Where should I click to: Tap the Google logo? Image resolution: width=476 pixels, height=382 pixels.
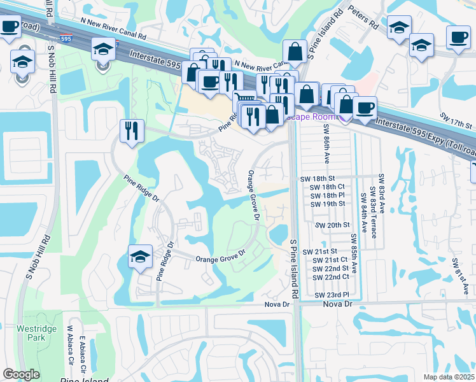[x=22, y=374]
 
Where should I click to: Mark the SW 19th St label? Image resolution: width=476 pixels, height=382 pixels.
[x=328, y=204]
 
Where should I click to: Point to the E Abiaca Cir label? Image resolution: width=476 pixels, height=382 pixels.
[x=82, y=357]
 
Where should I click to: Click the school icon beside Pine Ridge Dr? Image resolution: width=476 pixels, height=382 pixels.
[x=140, y=257]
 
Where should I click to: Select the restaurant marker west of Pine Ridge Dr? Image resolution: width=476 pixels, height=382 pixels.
[x=132, y=131]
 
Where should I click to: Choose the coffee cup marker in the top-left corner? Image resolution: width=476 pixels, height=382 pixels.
[x=9, y=27]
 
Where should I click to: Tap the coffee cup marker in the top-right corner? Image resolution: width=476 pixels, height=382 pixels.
[x=458, y=37]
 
